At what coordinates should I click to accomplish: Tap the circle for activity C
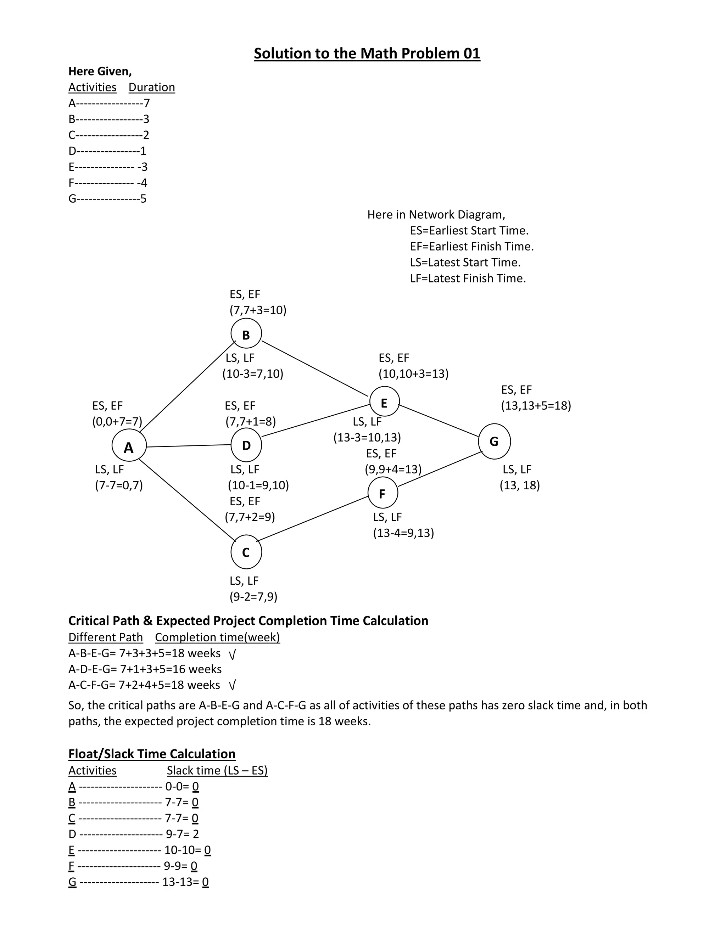click(x=246, y=552)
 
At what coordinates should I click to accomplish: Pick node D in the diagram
click(x=246, y=445)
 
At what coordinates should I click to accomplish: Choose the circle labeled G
click(x=494, y=441)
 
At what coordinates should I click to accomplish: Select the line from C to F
click(x=312, y=518)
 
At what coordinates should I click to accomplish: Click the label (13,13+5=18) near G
click(x=536, y=405)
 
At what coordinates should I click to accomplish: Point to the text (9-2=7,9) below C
click(x=253, y=596)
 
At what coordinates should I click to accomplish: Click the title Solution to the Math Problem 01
click(x=367, y=53)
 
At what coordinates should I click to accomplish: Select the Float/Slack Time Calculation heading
click(x=152, y=754)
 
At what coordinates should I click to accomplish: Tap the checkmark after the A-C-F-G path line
click(x=232, y=685)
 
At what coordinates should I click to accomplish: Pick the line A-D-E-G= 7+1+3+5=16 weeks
click(x=145, y=669)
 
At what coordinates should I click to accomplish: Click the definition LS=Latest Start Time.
click(x=465, y=262)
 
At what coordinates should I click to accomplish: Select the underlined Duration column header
click(x=151, y=87)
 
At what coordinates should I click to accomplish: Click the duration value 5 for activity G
click(x=143, y=199)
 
